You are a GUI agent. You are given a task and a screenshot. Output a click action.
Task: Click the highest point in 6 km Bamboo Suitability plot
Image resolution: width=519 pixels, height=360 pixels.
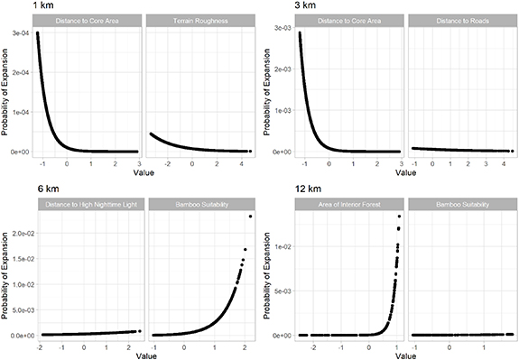tap(250, 217)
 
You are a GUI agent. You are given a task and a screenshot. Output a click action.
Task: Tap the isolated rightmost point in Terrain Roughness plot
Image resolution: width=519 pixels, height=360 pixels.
tap(250, 151)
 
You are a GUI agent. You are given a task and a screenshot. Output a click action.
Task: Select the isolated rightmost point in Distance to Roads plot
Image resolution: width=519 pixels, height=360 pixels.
tap(511, 151)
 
